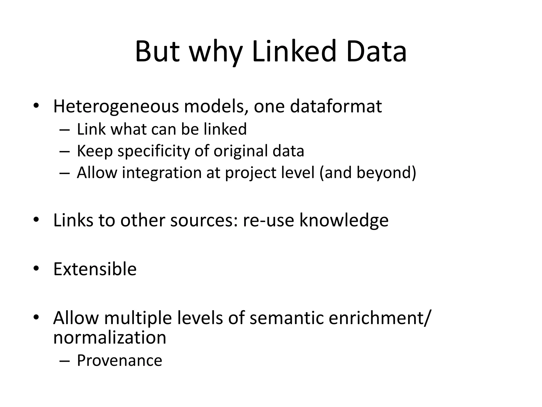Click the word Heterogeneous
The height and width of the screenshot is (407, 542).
116,107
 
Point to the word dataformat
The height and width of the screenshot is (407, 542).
336,106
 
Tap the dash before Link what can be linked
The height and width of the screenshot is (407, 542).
65,130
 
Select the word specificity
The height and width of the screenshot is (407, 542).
153,152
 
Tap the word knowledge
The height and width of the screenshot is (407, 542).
344,221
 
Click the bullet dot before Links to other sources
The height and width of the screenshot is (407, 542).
36,220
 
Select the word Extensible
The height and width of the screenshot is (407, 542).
95,269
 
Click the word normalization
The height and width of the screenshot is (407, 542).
110,338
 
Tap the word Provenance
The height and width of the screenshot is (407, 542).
119,361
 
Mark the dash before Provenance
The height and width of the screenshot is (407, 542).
65,361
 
